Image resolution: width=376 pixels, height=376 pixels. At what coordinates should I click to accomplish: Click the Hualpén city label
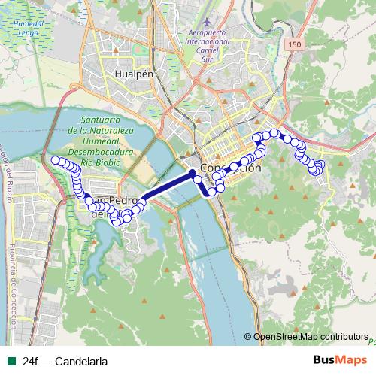click(134, 74)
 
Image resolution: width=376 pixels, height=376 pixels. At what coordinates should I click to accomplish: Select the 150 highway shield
click(293, 45)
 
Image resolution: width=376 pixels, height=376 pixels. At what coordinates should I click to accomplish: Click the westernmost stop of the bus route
click(55, 160)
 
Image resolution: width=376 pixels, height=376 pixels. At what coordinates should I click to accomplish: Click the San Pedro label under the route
click(113, 202)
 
